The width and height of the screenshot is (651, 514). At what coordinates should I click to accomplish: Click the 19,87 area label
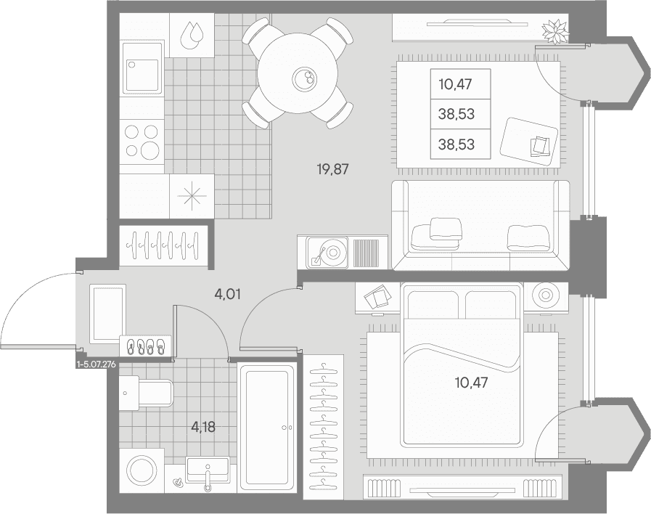(x=332, y=169)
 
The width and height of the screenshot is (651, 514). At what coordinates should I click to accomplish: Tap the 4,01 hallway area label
(x=227, y=295)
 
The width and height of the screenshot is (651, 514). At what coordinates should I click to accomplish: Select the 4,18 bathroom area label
(x=203, y=427)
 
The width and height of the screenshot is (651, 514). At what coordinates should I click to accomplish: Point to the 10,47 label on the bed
(x=471, y=383)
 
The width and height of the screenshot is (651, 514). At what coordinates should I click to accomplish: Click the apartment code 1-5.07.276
(x=96, y=364)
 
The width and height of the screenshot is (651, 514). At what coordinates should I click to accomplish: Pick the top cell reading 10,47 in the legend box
(x=456, y=84)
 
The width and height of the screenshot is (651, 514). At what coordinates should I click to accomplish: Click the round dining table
(x=298, y=74)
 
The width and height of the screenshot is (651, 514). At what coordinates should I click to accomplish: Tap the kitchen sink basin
(x=142, y=76)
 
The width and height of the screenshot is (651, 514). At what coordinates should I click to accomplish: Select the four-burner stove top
(x=142, y=142)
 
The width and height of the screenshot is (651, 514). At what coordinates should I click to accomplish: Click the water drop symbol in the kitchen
(x=192, y=35)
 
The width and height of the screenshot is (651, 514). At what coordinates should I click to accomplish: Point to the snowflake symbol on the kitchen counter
(x=192, y=196)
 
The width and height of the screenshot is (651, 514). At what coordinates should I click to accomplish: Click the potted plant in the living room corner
(x=555, y=31)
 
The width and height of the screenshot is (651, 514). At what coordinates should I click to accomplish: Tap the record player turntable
(x=327, y=253)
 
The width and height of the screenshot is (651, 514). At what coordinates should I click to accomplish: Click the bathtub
(x=267, y=428)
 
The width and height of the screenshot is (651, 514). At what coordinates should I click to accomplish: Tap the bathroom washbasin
(x=208, y=469)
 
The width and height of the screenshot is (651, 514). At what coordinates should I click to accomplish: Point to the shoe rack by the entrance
(x=145, y=346)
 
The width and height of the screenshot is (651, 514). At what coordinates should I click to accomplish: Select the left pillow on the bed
(x=433, y=304)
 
